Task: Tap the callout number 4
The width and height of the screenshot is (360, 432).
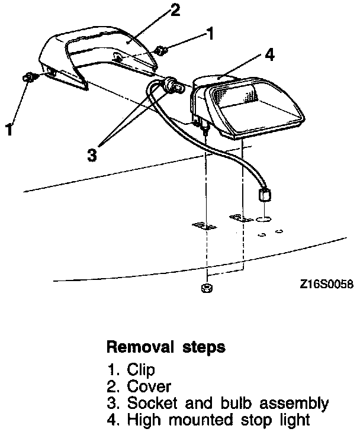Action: point(269,55)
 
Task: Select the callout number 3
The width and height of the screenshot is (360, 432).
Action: point(91,155)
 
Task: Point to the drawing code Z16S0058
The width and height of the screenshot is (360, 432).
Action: point(326,284)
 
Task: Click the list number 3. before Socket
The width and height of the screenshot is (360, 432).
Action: point(114,404)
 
